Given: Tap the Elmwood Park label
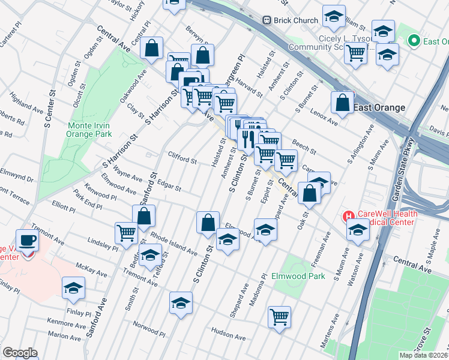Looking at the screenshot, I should (298, 277).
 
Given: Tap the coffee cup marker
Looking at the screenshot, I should (26, 240).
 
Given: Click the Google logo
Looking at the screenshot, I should (20, 353).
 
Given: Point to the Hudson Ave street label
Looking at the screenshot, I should (228, 333).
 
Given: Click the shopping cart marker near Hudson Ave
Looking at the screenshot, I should (279, 316).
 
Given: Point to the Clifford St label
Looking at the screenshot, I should (182, 161).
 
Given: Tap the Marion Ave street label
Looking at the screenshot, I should (64, 335).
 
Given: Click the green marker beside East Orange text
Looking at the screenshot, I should (413, 41).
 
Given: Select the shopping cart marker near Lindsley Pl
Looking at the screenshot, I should (126, 232).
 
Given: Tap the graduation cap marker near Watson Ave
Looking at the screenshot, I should (358, 230).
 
